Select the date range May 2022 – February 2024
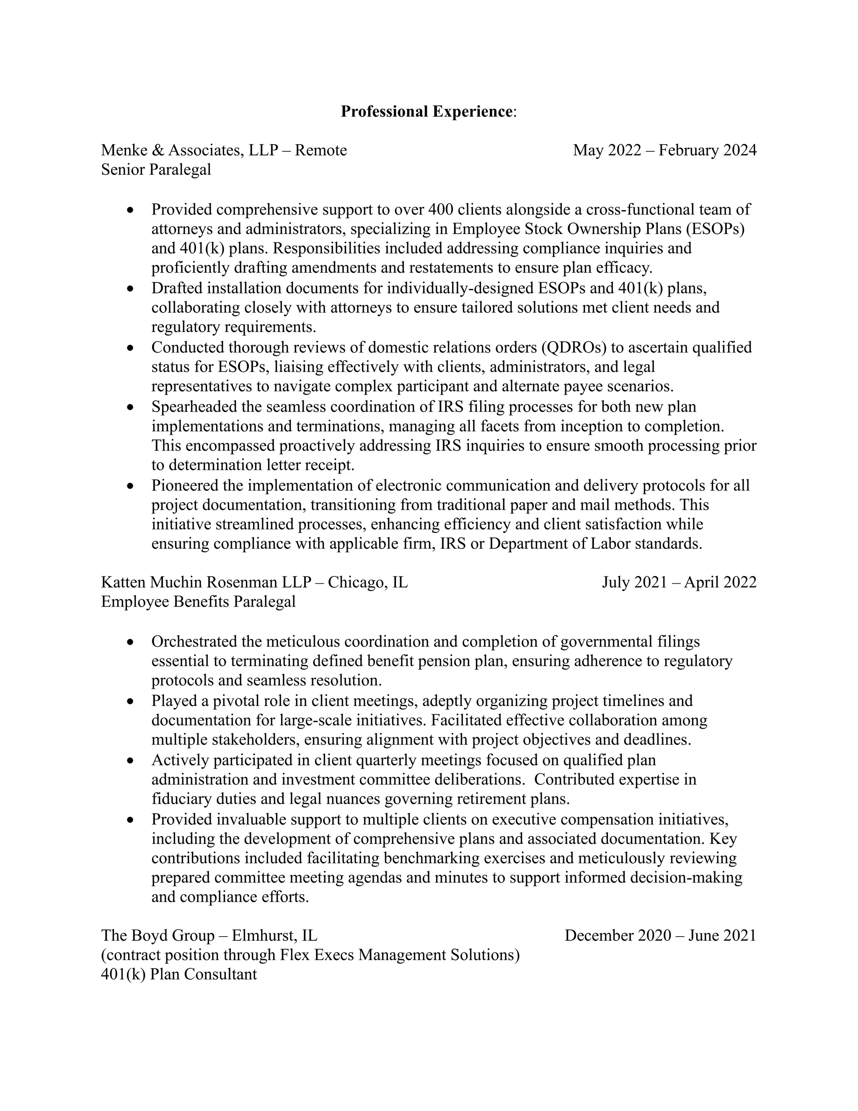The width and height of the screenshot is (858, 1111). [664, 150]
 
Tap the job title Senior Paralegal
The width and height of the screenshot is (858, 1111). [155, 169]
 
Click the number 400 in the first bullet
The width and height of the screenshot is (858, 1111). [443, 209]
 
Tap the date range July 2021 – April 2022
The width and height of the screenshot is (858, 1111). [679, 582]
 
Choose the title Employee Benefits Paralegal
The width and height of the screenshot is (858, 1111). [198, 601]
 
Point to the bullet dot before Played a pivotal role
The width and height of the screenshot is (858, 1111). [131, 701]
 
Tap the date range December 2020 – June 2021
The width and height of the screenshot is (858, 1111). [660, 935]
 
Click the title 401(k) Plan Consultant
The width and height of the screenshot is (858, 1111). [179, 974]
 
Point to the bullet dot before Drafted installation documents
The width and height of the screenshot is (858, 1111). [131, 289]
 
